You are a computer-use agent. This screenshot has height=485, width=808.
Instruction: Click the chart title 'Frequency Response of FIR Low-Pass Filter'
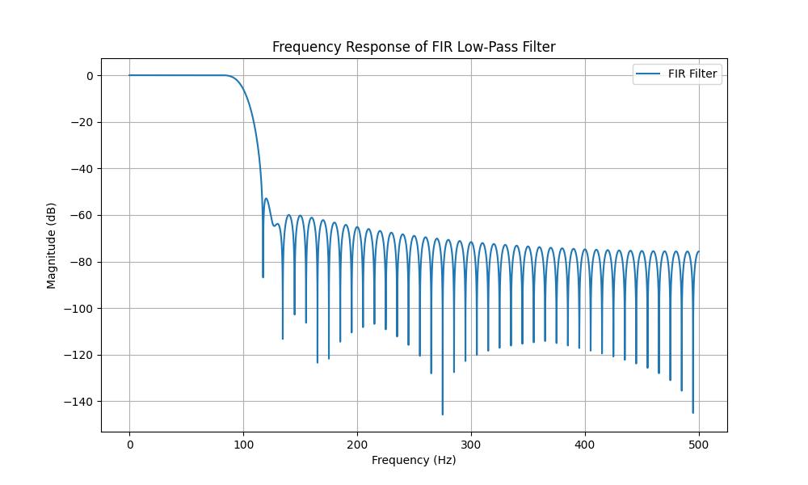pos(414,47)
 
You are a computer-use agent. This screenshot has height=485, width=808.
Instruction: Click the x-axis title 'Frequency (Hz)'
pos(414,460)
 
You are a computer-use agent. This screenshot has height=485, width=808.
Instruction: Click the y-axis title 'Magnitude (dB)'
pos(52,246)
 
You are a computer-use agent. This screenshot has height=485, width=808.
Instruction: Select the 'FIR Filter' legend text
pos(692,74)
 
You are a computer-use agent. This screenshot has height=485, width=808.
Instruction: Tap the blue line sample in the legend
pos(648,74)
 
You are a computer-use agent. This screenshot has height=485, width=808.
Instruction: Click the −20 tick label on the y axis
pos(84,122)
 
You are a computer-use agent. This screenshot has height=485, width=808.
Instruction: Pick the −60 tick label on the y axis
pos(84,215)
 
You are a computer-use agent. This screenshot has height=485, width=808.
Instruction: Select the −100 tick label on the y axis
pos(82,308)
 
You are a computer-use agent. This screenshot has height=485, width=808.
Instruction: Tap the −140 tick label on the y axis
pos(82,402)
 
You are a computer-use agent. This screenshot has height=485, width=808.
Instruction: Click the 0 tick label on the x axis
pos(129,444)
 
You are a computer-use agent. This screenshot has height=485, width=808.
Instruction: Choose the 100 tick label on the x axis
pos(243,444)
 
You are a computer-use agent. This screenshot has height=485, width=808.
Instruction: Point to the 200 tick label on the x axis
pos(357,444)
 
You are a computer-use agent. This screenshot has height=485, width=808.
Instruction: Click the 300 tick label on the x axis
pos(471,444)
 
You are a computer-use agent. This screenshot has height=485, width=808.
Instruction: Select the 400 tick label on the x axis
pos(585,444)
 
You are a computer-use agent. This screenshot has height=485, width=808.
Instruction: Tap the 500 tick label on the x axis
pos(699,444)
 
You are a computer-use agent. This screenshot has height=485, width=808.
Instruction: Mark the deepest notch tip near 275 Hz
pos(442,414)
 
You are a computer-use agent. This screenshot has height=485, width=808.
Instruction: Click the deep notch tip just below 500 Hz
pos(692,412)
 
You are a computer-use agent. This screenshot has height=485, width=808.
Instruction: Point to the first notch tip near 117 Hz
pos(263,276)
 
